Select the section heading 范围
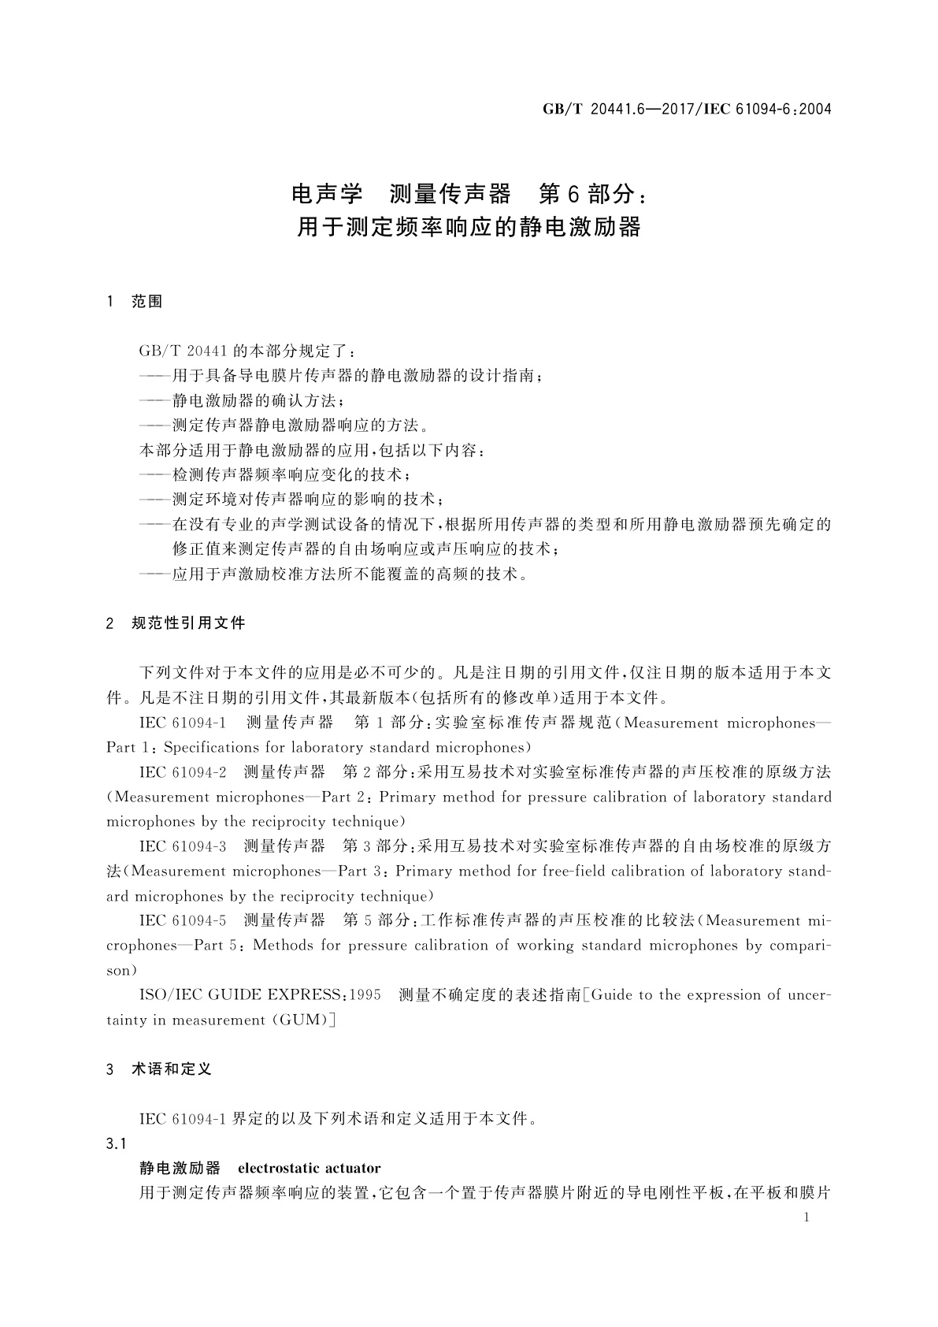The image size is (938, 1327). click(147, 302)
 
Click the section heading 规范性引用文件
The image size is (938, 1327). click(188, 623)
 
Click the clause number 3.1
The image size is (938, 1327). click(116, 1143)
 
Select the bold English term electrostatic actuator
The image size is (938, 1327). click(309, 1168)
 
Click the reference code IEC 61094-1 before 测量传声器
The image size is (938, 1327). click(183, 723)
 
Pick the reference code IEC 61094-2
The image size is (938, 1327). click(183, 772)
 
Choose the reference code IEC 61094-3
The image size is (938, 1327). click(183, 846)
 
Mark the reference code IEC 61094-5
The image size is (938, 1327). click(183, 920)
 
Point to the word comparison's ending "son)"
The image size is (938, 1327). click(122, 970)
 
